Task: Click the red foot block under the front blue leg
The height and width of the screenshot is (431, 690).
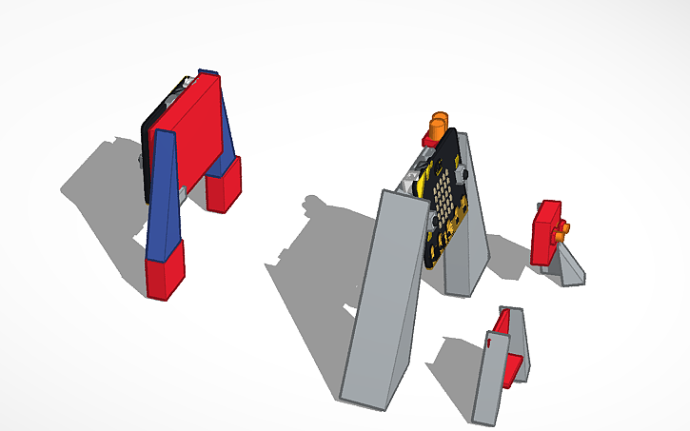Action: pos(165,271)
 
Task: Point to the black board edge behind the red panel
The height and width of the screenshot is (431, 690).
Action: pos(146,162)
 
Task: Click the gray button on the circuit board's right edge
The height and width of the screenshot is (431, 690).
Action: pos(463,175)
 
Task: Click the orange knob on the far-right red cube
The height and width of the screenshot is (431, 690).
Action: pos(564,228)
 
